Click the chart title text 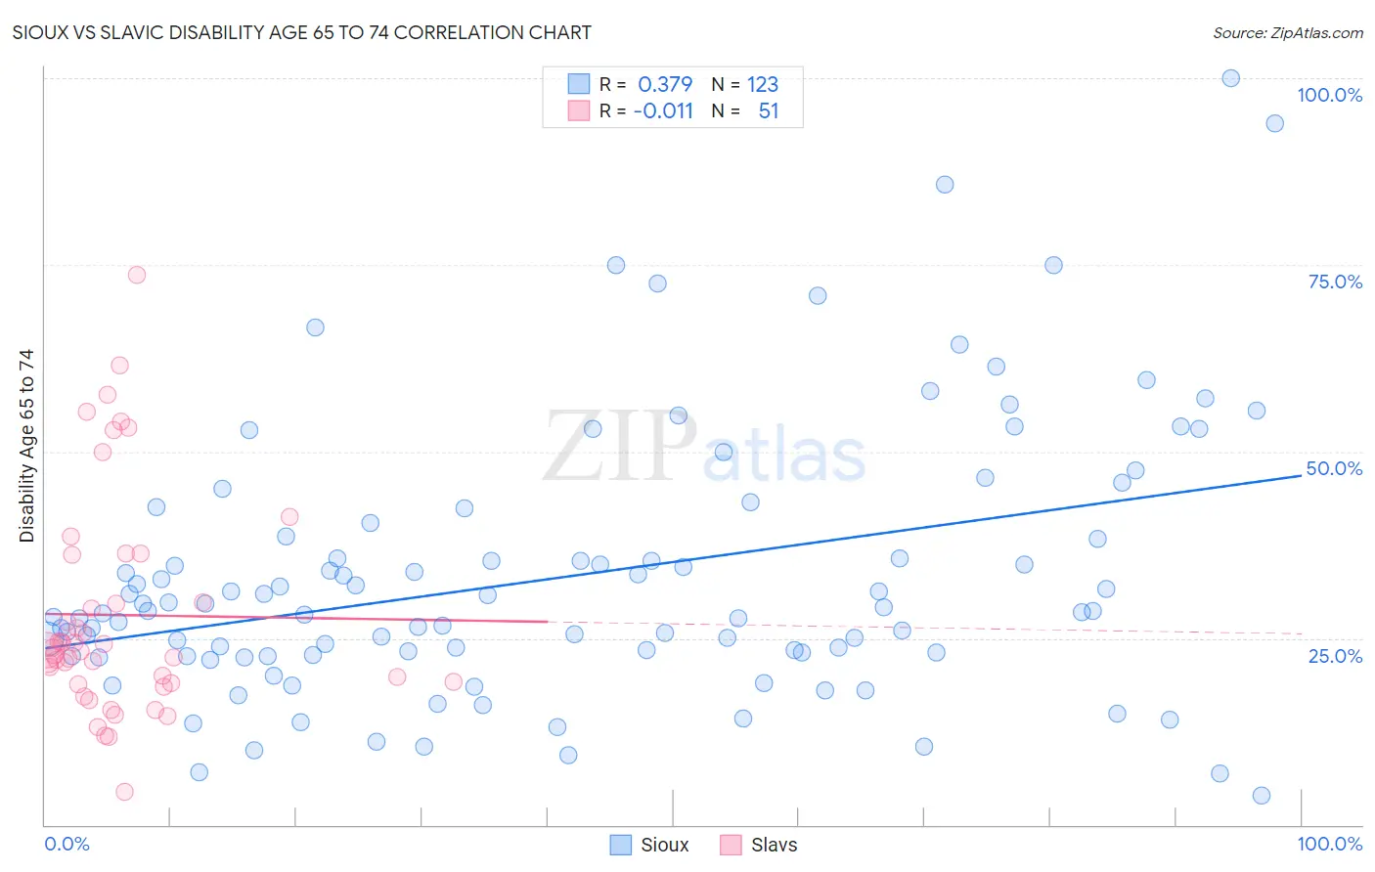301,32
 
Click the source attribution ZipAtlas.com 1287,32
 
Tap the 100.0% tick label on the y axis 1329,95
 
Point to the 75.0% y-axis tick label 1335,282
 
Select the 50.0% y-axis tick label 1334,468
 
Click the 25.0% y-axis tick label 1335,656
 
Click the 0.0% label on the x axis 67,844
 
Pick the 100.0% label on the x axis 1329,844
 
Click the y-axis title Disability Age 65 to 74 26,446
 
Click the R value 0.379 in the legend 665,84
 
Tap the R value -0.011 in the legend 663,110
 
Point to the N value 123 763,84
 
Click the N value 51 769,110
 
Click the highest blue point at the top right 1231,78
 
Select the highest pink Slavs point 137,275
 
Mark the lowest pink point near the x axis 124,792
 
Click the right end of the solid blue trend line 1302,475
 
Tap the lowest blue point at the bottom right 1262,796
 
